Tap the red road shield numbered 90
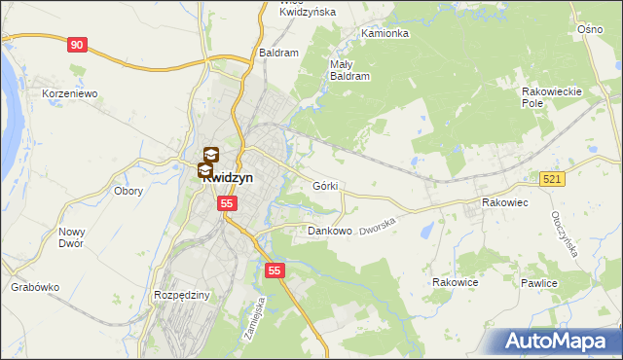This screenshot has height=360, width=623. pos(78,45)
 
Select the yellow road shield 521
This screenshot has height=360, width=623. pos(553,179)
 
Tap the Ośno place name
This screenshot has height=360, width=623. pos(591,30)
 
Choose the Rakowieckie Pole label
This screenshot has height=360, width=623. pos(552,96)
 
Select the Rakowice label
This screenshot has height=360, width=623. pos(456,282)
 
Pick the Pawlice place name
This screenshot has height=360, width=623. pos(538,283)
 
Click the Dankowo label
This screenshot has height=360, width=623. pos(329,232)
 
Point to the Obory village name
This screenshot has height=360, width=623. pos(128,191)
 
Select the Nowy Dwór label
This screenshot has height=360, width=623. pos(72,237)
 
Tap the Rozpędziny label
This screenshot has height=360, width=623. pos(182,295)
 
